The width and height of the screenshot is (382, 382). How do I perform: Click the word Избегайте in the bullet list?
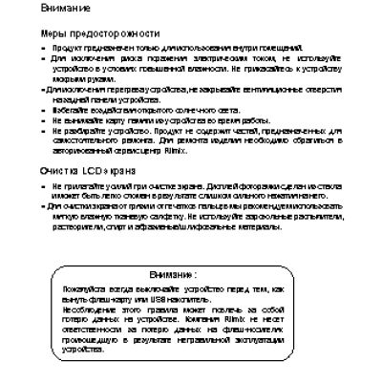(79, 109)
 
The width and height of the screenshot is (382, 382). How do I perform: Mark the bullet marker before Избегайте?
(56, 109)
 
